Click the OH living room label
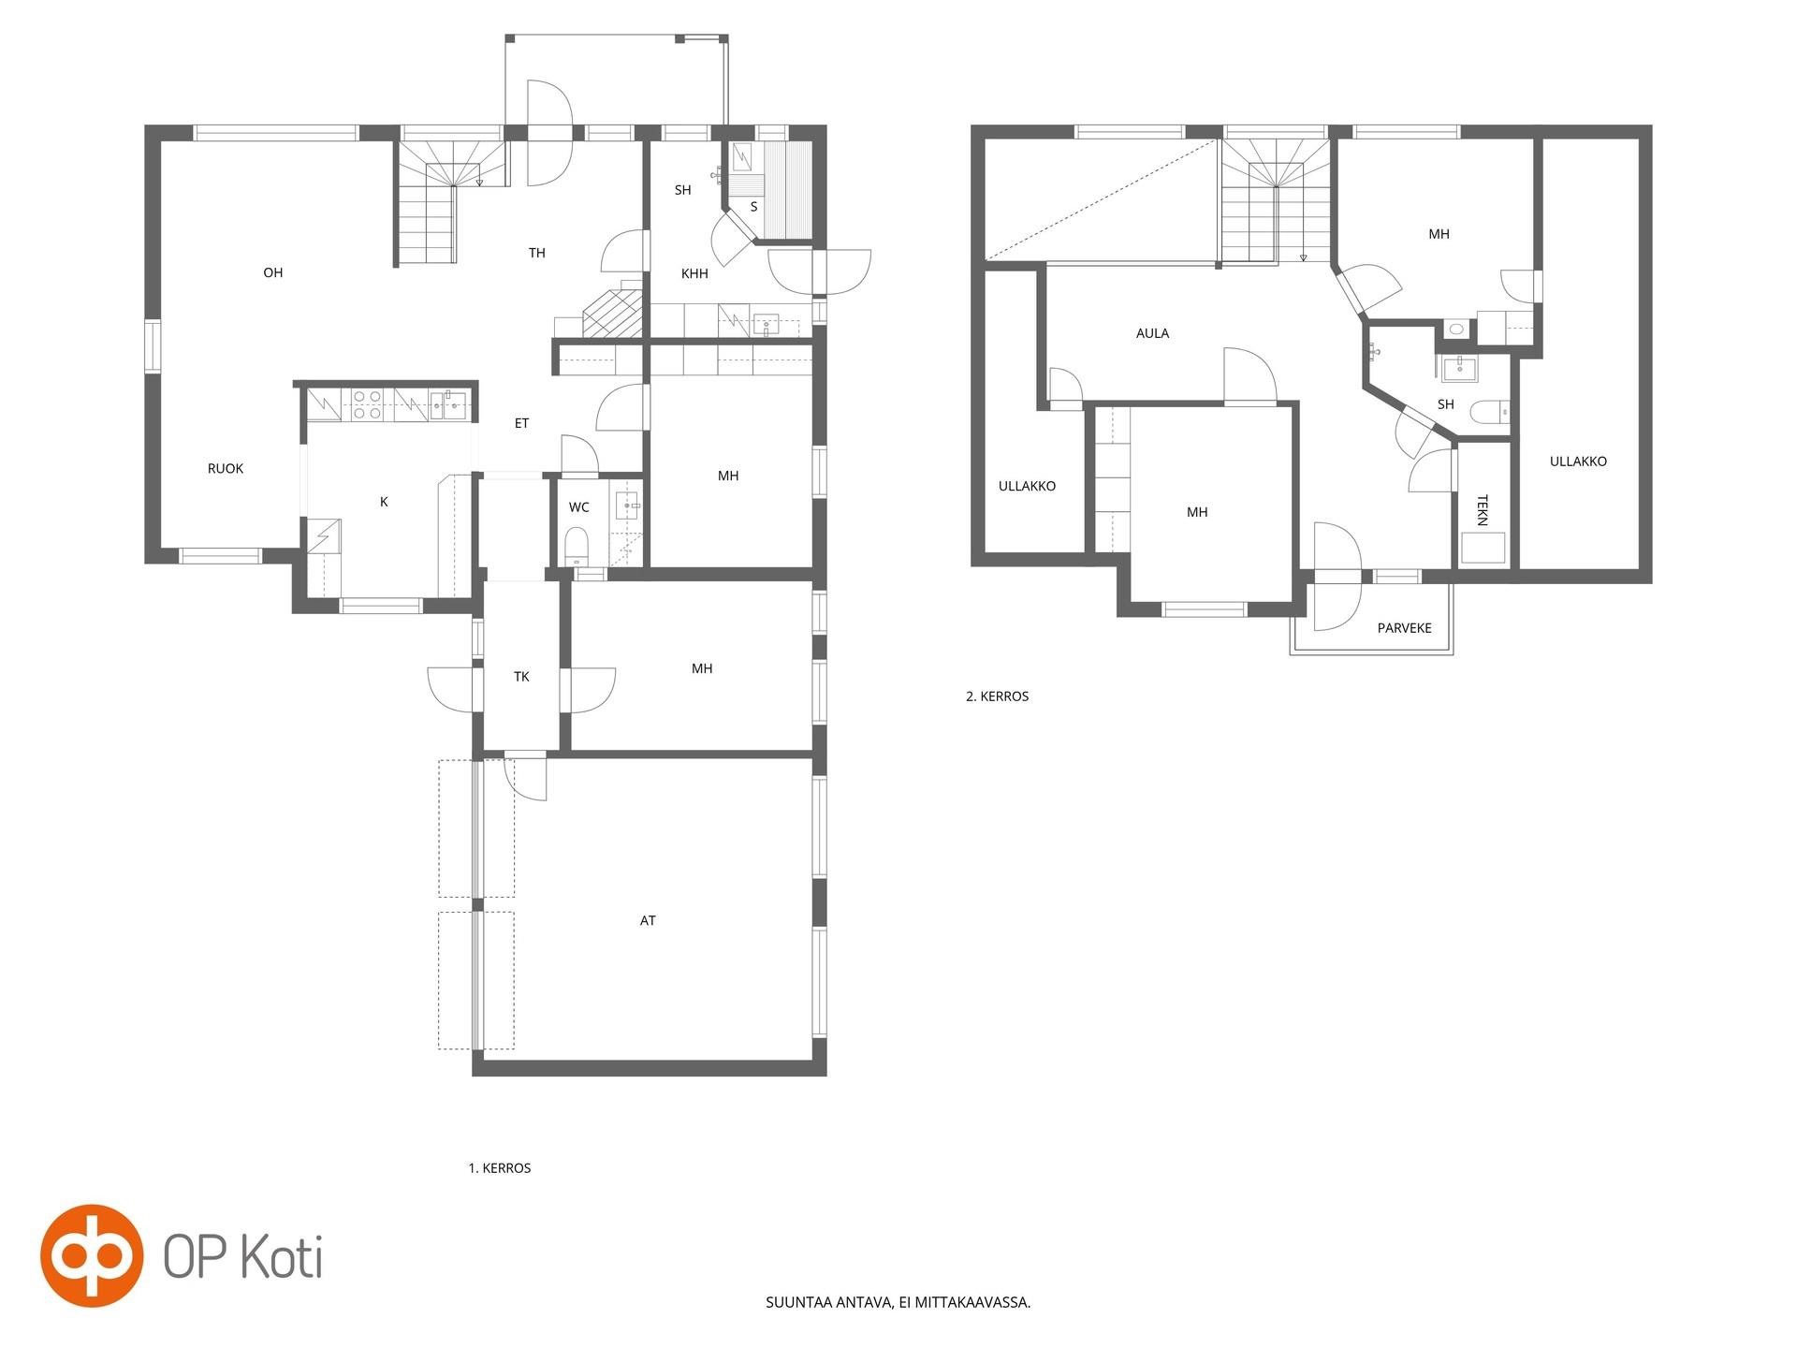coord(272,272)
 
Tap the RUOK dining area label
coord(226,468)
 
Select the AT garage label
coord(648,920)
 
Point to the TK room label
coord(521,676)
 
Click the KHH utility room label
coord(694,273)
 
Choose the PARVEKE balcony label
coord(1404,627)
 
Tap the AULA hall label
coord(1152,332)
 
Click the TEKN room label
coord(1482,510)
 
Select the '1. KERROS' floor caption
coord(500,1167)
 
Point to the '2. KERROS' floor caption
coord(997,696)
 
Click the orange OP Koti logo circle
coord(92,1255)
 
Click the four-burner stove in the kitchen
coord(365,404)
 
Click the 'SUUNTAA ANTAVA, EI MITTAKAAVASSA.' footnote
coord(898,1301)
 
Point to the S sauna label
coord(753,206)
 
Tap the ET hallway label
coord(521,422)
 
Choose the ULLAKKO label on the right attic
coord(1578,461)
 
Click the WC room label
coord(578,506)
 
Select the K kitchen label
coord(384,502)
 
